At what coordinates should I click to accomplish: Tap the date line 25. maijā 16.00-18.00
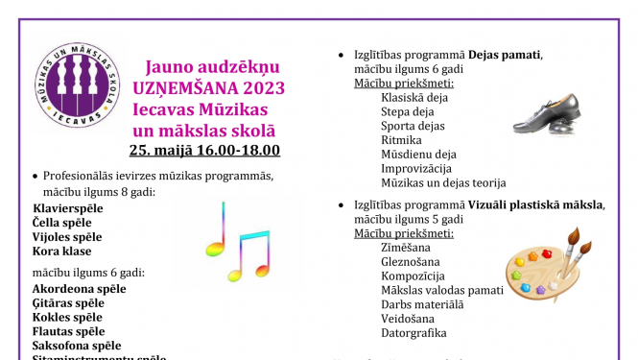pos(204,150)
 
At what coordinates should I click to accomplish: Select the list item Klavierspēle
pos(67,207)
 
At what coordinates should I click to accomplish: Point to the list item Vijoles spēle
pos(67,236)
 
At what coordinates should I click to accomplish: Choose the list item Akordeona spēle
pos(79,288)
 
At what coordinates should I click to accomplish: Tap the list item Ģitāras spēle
pos(68,302)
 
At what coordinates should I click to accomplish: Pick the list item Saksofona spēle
pos(77,346)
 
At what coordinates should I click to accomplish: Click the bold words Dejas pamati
pos(504,54)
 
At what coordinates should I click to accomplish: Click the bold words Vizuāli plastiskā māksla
pos(536,204)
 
